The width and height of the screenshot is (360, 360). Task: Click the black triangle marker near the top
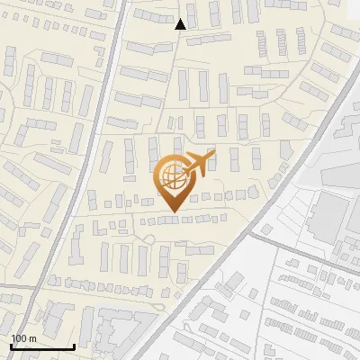click(181, 24)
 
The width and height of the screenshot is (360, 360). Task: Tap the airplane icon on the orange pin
click(199, 163)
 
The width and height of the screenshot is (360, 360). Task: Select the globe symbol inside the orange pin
click(172, 177)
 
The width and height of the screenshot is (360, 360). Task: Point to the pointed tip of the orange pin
click(173, 210)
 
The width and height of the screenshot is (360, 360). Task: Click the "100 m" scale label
click(23, 337)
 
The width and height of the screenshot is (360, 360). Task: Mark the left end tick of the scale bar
click(11, 345)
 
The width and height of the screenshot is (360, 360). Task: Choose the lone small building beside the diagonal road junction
click(266, 229)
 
